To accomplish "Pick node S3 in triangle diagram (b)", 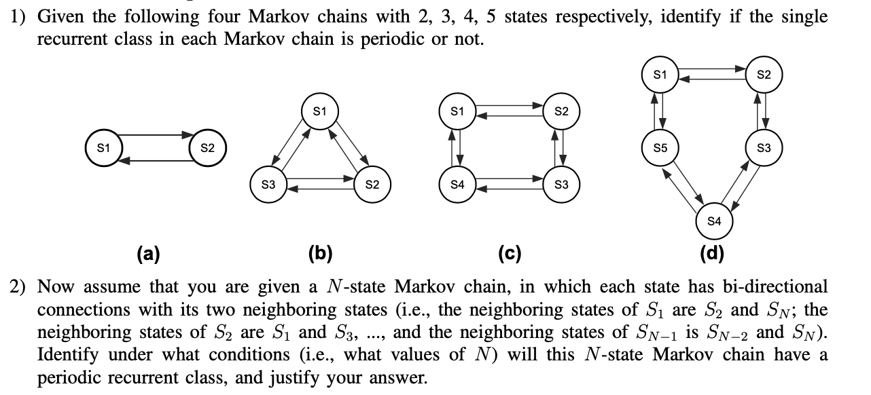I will (x=268, y=185).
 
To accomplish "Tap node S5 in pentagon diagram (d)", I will (x=658, y=147).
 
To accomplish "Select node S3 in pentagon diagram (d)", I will (x=764, y=147).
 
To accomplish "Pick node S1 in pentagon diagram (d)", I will (x=658, y=74).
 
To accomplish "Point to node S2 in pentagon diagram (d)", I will (x=764, y=74).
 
